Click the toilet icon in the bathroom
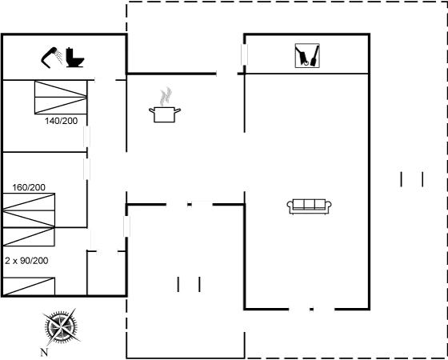click(76, 59)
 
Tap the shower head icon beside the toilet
click(53, 56)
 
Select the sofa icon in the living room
click(309, 206)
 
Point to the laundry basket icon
click(306, 55)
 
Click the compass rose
click(60, 326)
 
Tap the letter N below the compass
click(44, 351)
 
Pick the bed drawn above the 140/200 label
click(60, 98)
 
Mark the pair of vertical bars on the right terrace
click(410, 179)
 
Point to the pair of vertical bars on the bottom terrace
click(189, 283)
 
